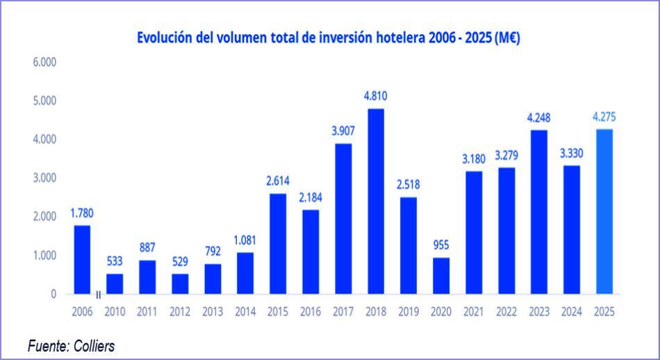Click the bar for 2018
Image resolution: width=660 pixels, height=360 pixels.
376,202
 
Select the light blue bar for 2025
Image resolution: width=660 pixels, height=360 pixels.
604,212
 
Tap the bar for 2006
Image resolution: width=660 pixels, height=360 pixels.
82,260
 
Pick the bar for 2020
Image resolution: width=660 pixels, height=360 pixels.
441,276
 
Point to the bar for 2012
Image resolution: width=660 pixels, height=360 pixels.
180,284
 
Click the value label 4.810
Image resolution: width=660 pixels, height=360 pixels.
376,95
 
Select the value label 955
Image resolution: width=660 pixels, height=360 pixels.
441,245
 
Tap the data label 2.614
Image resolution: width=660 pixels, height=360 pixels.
278,181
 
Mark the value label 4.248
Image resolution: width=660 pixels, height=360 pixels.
539,117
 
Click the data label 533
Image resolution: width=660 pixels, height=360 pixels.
115,261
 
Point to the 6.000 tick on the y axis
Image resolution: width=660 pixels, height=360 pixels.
44,63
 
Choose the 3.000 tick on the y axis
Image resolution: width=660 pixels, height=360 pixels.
44,178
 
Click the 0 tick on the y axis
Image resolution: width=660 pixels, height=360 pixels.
53,294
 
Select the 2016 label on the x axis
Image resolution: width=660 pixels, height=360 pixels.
311,313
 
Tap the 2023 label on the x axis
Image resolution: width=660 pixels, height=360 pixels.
539,313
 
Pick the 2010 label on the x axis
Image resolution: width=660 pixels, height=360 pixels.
115,313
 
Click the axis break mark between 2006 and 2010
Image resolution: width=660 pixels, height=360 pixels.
98,295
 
